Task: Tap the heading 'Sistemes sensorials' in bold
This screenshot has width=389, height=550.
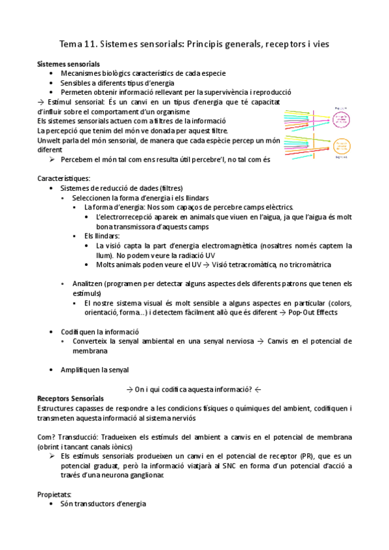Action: tap(68, 65)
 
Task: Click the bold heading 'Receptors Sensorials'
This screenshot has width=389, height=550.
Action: tap(70, 398)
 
